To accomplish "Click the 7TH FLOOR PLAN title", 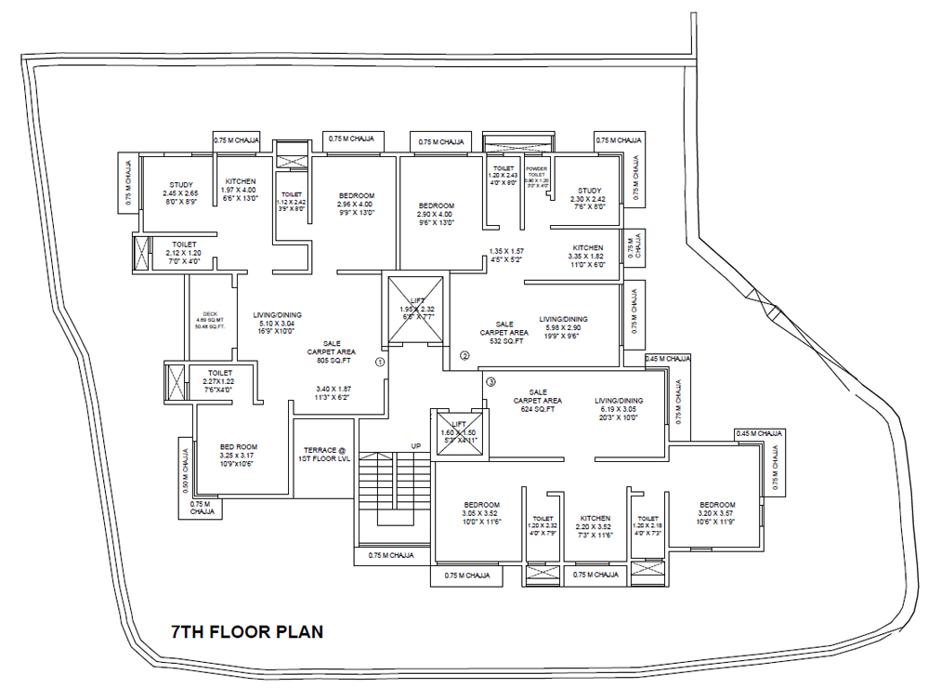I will coord(247,632).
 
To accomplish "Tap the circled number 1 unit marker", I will coord(379,362).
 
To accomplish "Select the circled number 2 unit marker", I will coord(465,355).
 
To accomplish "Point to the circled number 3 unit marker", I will coord(491,381).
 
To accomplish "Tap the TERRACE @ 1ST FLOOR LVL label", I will coord(322,454).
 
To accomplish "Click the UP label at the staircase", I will coord(416,446).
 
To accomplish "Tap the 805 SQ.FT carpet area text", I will coord(331,361).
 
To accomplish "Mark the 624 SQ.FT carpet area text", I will coord(537,409).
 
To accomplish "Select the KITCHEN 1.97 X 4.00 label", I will coord(240,190).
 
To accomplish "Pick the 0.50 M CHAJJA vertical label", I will coord(184,471).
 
